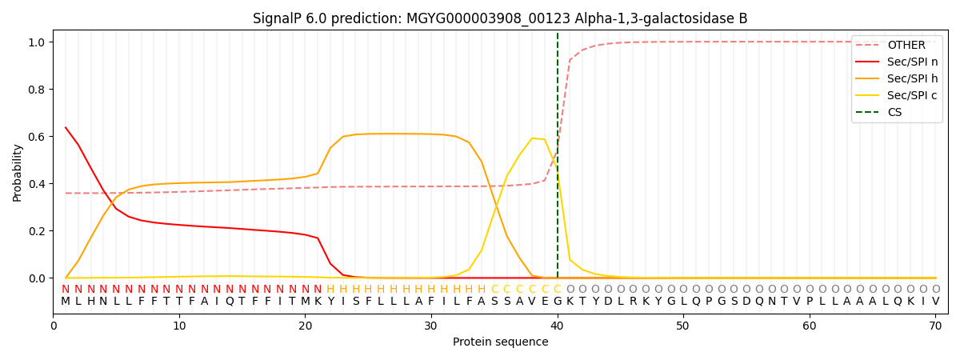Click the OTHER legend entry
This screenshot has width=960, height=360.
coord(906,46)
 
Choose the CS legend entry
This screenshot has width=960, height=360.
coord(894,113)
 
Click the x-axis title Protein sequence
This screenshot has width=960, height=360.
coord(500,342)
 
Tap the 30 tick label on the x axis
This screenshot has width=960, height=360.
coord(431,326)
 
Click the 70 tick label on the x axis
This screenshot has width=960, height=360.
coord(935,326)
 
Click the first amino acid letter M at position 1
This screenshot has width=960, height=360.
coord(66,302)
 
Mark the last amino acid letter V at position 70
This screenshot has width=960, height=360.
coord(935,302)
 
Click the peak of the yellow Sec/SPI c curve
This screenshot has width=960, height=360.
coord(532,138)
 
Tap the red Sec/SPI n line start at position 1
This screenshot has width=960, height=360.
coord(66,127)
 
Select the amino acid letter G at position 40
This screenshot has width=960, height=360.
coord(558,302)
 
